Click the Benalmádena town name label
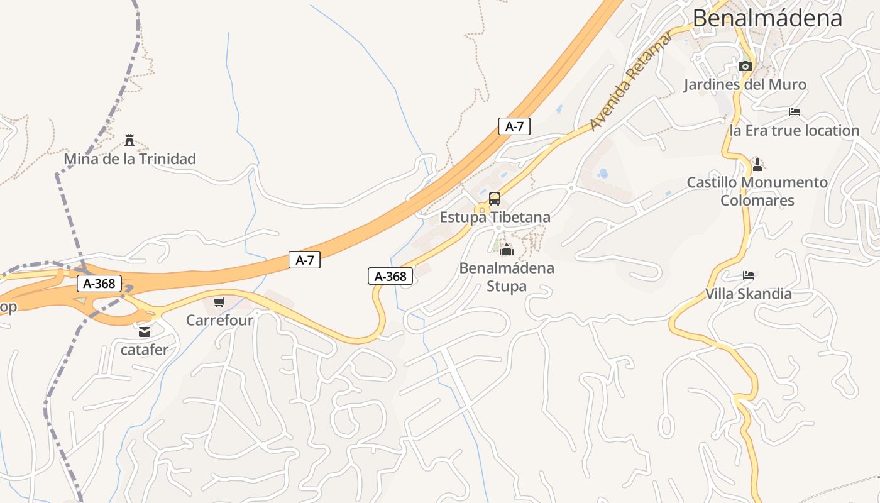(767, 18)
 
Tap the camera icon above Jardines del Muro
(745, 66)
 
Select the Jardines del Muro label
(745, 84)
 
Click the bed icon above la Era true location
(795, 112)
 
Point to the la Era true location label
(795, 131)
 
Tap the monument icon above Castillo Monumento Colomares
(757, 165)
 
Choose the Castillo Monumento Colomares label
(757, 191)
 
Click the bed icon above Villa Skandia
(749, 275)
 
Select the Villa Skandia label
(748, 294)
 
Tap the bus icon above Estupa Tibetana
(495, 199)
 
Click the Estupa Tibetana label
(495, 218)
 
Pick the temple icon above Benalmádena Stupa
(507, 249)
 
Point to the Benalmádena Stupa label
(507, 277)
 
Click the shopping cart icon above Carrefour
(219, 302)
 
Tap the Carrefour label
(219, 320)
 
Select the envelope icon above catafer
(145, 332)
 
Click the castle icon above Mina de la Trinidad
(129, 140)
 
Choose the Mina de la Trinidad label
(129, 159)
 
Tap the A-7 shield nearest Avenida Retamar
(514, 126)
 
